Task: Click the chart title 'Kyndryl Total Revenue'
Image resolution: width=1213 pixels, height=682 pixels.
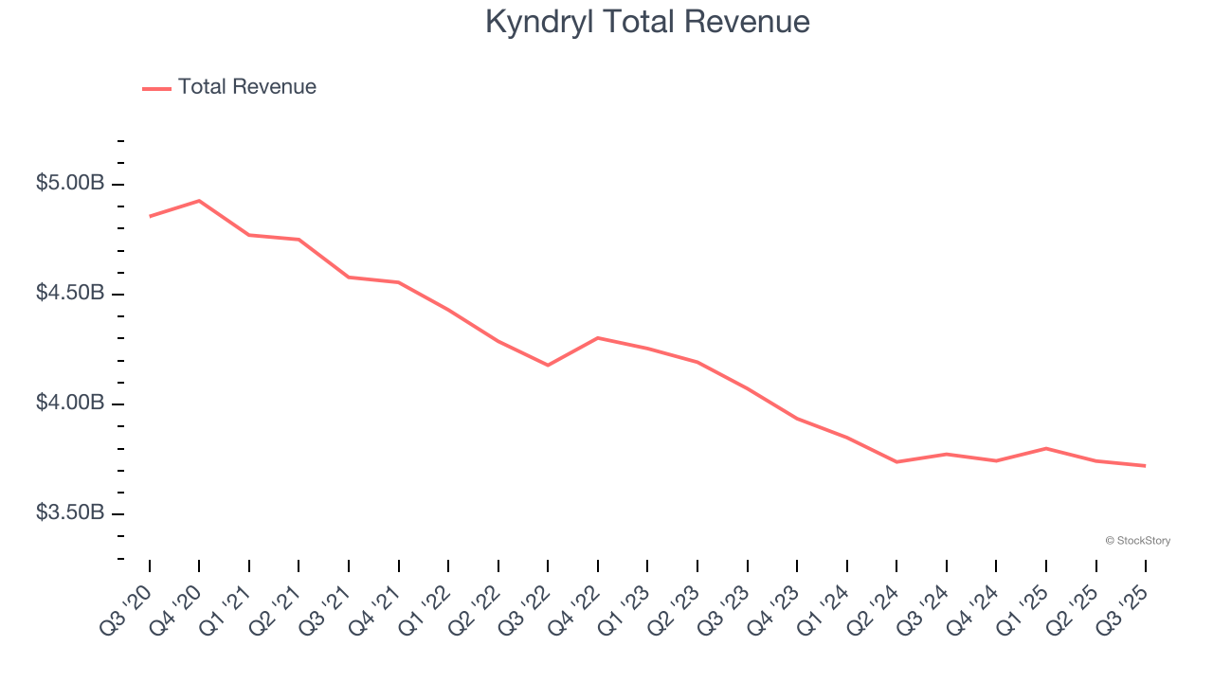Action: (647, 22)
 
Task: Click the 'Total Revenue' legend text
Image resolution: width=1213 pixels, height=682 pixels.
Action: (246, 87)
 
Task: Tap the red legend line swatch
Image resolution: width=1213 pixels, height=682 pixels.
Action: (156, 88)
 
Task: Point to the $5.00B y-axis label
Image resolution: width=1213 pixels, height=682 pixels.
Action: (70, 183)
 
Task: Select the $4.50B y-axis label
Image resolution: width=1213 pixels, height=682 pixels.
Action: (70, 293)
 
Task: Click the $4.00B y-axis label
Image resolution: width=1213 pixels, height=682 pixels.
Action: (70, 403)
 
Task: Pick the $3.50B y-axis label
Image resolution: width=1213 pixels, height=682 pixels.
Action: (70, 512)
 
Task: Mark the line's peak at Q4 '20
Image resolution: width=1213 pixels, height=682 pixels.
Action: (199, 201)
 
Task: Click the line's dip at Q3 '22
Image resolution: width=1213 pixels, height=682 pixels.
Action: (548, 365)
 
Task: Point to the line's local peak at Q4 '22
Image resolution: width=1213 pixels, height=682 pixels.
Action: (598, 337)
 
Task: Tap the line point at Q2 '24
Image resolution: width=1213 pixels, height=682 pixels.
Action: (896, 461)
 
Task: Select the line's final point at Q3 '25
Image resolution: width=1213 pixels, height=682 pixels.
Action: (1145, 465)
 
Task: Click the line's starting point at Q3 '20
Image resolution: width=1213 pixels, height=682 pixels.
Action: (150, 216)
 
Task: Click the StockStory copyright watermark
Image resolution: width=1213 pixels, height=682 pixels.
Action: (1137, 541)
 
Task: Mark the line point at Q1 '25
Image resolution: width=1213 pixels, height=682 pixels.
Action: (1045, 448)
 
